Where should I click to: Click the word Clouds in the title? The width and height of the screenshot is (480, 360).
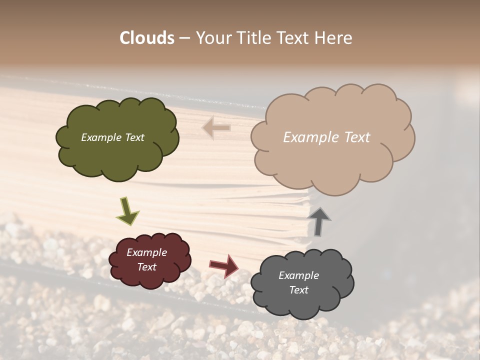(x=147, y=38)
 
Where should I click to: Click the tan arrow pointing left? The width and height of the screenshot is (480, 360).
(x=216, y=128)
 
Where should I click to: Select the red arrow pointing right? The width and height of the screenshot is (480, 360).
(x=224, y=265)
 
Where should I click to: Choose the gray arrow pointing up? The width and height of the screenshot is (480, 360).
(x=318, y=221)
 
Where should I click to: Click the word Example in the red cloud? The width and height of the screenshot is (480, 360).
(x=146, y=252)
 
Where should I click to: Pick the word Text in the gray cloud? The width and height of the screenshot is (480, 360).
(x=298, y=290)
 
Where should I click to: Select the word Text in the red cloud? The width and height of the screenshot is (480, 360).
(x=146, y=267)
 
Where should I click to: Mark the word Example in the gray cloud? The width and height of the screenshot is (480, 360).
(x=298, y=275)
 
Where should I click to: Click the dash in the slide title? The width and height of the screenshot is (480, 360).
(x=184, y=38)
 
